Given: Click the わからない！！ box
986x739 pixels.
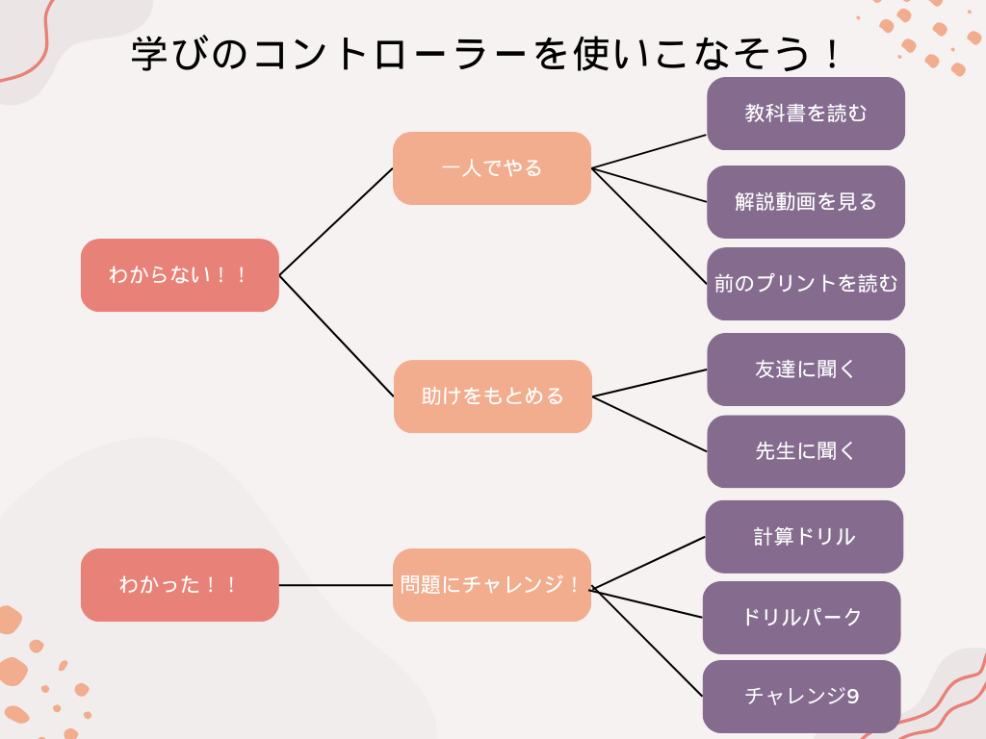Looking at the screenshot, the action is (x=180, y=275).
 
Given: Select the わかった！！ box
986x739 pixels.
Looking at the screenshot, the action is (x=180, y=585).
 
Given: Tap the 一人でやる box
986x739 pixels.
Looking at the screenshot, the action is (x=492, y=168).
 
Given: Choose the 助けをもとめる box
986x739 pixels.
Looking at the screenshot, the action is (x=493, y=396).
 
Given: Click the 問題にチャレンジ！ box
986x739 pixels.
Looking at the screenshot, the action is (x=492, y=585).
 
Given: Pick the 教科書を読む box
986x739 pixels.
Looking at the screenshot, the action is (x=806, y=114).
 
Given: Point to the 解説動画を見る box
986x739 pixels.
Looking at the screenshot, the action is (x=806, y=202).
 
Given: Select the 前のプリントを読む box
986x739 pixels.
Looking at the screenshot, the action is (x=806, y=284).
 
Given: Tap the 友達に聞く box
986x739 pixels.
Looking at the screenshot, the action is (x=806, y=369).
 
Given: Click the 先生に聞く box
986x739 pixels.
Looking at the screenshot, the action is (x=806, y=451).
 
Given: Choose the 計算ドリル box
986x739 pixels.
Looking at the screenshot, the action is (x=804, y=537).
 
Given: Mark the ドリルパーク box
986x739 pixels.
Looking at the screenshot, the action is (x=802, y=618).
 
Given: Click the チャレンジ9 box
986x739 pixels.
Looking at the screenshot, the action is (x=802, y=697).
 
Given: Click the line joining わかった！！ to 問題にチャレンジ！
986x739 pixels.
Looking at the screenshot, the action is (x=336, y=585).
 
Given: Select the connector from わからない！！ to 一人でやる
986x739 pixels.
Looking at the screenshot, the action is (x=336, y=222).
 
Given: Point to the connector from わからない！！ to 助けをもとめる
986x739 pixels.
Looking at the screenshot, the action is (x=336, y=336).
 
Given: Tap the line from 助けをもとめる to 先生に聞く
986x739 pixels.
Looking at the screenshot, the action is (x=650, y=424).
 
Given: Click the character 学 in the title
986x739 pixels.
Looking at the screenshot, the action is (x=149, y=54).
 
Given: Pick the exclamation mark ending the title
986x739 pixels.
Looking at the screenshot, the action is (x=833, y=55).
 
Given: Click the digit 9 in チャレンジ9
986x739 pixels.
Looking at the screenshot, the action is (x=853, y=697).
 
